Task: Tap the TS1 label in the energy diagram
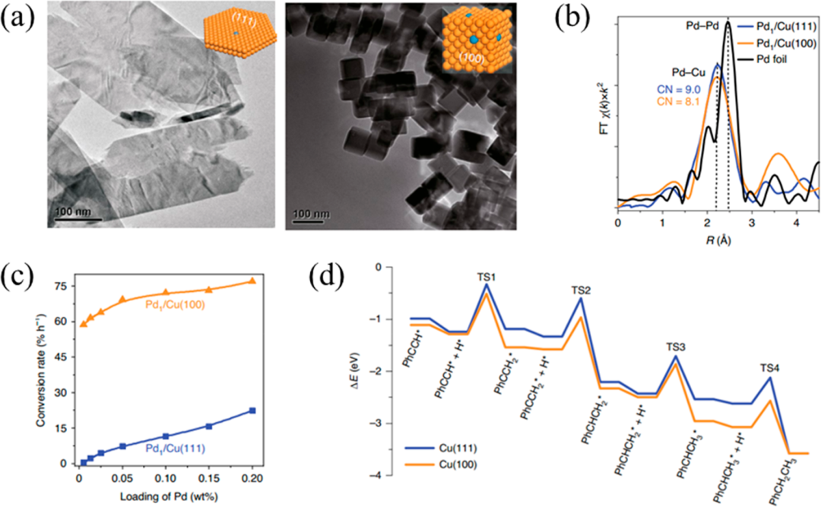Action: click(486, 277)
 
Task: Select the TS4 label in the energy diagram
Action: click(769, 367)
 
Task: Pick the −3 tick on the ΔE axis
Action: click(385, 423)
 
